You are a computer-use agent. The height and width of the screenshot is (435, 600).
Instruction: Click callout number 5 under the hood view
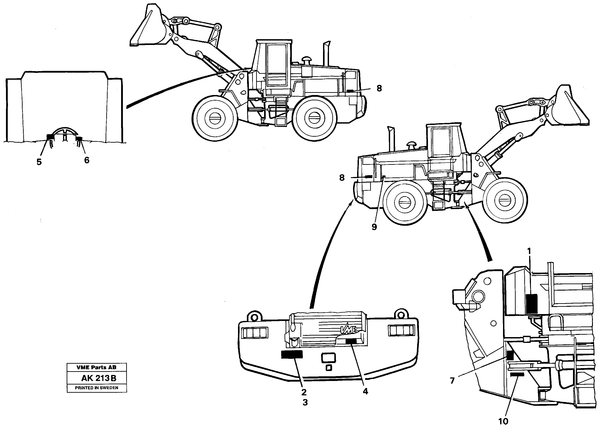39,162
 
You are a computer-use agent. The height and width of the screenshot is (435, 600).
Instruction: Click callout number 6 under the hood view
87,160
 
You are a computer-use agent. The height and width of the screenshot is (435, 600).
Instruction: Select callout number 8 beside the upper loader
379,88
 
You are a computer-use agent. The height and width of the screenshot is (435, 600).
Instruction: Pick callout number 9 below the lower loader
374,227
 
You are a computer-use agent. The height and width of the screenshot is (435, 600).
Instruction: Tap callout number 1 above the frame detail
529,251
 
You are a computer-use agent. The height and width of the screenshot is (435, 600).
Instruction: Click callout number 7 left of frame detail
452,381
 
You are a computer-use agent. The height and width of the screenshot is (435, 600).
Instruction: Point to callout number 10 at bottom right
503,421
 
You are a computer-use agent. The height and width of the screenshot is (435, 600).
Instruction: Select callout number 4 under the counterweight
365,391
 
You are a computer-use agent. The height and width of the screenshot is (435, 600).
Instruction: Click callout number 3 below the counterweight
305,402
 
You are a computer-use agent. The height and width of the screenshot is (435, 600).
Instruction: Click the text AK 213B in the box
99,378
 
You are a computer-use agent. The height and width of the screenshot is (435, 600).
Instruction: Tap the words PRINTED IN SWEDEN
97,388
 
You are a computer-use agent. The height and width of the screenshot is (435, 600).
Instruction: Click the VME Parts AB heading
96,367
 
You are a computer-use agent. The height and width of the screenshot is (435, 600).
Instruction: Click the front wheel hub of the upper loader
215,118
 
